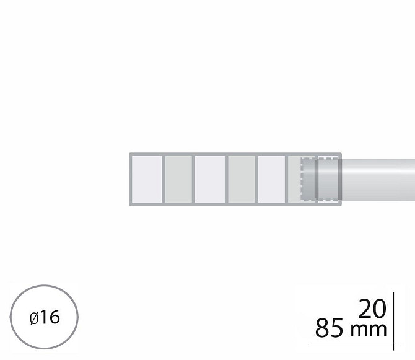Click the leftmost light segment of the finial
[147, 180]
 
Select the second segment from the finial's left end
[178, 180]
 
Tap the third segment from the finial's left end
[210, 180]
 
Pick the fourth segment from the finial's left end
[242, 180]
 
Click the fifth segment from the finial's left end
[271, 180]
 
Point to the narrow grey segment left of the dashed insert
[294, 180]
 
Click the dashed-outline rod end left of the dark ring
[308, 179]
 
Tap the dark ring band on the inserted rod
[317, 179]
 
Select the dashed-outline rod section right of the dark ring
[328, 179]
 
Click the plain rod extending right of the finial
[378, 180]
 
